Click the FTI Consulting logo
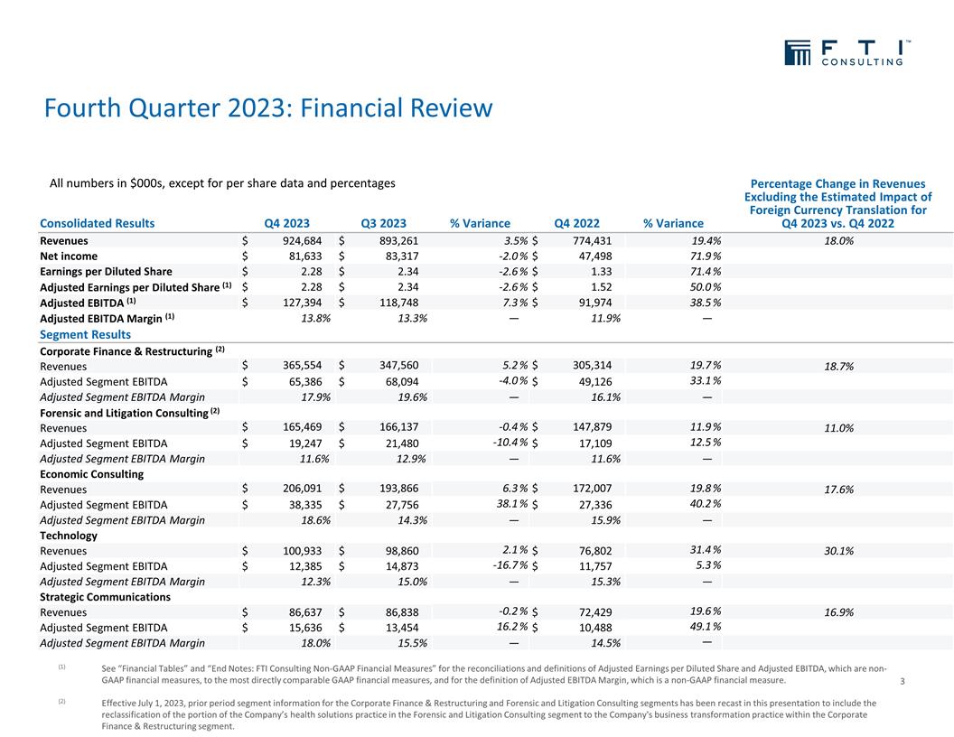846,53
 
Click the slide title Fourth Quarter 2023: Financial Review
268,109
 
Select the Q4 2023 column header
286,224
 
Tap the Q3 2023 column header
383,224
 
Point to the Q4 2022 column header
576,224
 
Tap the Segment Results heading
86,334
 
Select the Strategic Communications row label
105,597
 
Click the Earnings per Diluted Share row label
106,272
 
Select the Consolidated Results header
97,224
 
